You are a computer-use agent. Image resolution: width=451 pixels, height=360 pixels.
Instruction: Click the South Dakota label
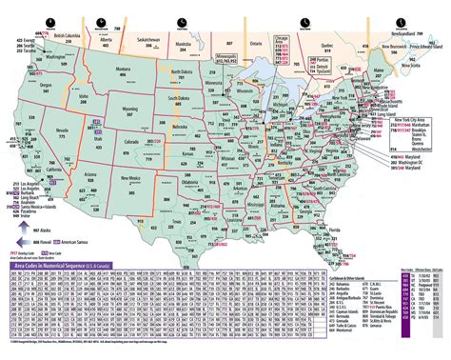click(177, 97)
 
